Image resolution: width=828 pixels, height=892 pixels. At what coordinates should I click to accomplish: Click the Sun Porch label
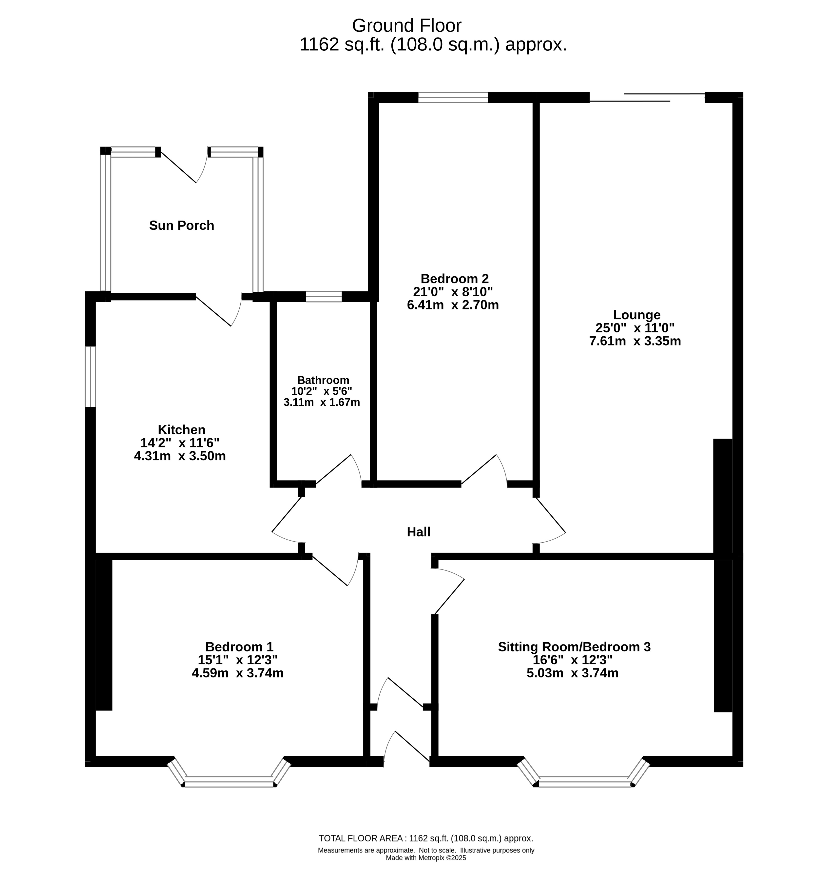tap(181, 225)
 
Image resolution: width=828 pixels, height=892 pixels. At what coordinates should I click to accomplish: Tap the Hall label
tap(419, 532)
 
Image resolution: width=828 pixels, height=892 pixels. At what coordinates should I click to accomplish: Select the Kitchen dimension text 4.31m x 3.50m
tap(180, 456)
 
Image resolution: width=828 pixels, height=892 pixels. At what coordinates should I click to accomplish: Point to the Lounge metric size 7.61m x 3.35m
tap(635, 341)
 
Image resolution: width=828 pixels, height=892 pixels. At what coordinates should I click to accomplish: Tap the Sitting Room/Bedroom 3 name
tap(574, 647)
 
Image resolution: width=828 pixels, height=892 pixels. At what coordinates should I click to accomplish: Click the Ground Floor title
tap(406, 25)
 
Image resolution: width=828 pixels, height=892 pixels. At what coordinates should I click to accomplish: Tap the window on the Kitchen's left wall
tap(91, 377)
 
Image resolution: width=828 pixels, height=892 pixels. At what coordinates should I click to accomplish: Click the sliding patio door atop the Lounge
tap(647, 97)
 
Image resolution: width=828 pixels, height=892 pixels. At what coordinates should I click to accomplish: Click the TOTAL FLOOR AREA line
tap(426, 838)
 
